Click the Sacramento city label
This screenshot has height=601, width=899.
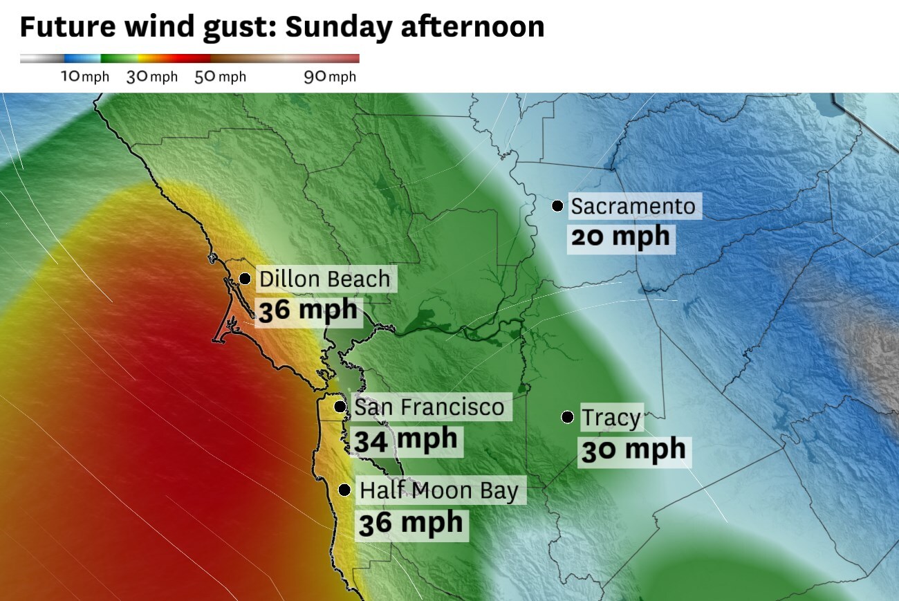pos(632,206)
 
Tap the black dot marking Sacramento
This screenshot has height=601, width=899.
pos(557,205)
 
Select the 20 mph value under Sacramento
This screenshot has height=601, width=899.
pos(620,237)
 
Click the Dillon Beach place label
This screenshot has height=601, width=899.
pos(324,279)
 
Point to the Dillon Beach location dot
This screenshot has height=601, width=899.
pos(245,279)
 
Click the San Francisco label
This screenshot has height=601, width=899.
pos(429,407)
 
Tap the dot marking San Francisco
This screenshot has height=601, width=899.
pos(340,407)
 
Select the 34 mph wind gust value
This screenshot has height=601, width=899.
pos(405,439)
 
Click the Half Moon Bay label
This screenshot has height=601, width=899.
pos(438,491)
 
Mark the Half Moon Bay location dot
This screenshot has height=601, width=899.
pos(344,490)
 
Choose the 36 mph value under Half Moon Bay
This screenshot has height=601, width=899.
pos(411,522)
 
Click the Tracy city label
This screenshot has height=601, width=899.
pos(611,418)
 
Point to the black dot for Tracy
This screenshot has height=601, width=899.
pos(567,417)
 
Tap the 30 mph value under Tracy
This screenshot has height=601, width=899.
pos(633,450)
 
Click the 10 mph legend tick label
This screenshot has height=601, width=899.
pos(85,76)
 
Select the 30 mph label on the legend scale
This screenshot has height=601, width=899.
pos(152,76)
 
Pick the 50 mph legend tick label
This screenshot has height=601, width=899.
pos(220,76)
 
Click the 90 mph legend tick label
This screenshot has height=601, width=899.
pos(330,76)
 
